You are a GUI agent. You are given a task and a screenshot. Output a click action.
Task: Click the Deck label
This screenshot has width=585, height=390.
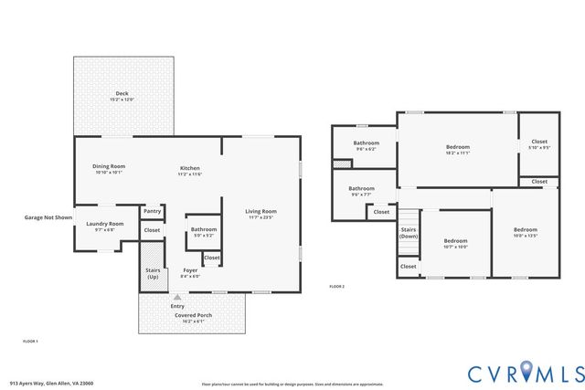click(122, 93)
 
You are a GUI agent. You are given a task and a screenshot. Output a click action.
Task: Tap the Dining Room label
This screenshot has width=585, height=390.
click(108, 166)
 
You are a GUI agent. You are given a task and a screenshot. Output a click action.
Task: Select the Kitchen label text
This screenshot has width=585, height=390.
click(189, 168)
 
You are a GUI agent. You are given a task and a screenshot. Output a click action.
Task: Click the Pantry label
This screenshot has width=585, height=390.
click(152, 211)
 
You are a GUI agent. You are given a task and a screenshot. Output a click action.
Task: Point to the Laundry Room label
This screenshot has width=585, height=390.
click(104, 224)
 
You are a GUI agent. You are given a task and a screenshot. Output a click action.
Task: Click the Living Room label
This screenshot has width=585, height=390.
click(261, 212)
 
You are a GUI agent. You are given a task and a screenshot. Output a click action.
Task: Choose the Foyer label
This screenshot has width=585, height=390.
click(190, 270)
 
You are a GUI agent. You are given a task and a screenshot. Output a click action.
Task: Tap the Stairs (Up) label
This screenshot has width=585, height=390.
click(152, 273)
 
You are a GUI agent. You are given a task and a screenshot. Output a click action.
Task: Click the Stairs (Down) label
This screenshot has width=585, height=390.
click(409, 233)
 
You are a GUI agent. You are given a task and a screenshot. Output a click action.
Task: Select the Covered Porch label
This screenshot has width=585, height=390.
click(193, 315)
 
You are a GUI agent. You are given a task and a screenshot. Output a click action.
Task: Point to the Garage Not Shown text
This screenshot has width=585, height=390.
click(48, 218)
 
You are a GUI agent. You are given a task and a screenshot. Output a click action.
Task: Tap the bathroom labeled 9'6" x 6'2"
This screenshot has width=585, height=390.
click(366, 142)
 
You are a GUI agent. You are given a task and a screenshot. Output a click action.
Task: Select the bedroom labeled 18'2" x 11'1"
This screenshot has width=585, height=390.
click(458, 147)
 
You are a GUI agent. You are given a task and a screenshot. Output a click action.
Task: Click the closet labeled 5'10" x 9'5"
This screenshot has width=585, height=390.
click(539, 142)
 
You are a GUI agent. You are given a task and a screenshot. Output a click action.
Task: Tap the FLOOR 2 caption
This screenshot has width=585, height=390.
click(337, 287)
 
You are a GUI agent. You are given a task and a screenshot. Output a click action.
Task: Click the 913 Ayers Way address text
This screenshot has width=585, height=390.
click(51, 383)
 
